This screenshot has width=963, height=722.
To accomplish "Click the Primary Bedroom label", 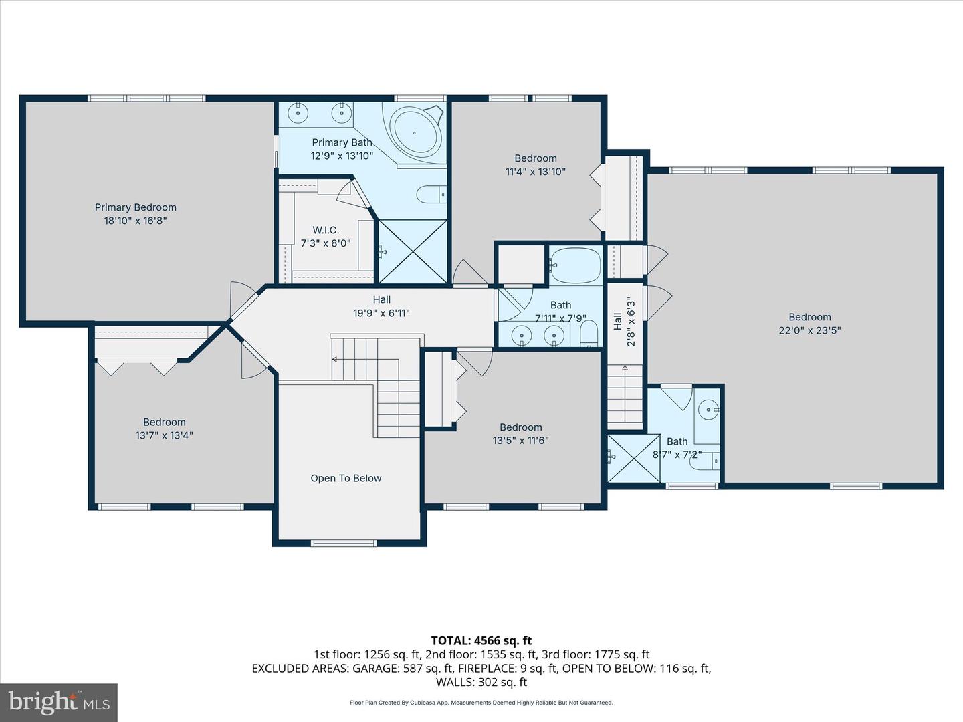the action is [x=136, y=207].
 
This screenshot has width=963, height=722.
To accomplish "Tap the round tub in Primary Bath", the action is [x=415, y=132].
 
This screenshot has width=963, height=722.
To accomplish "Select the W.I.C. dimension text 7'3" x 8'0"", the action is [x=326, y=243].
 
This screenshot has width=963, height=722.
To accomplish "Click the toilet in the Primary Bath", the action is [x=431, y=194].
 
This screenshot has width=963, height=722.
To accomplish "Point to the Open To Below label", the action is [x=346, y=478].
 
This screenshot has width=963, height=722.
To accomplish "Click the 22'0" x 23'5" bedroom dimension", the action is [x=809, y=330].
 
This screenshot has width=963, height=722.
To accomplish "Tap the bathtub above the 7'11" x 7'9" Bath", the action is [x=575, y=265].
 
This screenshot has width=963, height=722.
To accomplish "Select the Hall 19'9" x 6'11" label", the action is [x=381, y=306].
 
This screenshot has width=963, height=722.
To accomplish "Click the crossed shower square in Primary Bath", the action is [x=413, y=251].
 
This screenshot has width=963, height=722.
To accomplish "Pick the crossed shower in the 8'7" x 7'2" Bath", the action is [x=634, y=458].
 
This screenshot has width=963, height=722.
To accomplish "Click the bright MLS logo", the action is [x=58, y=702].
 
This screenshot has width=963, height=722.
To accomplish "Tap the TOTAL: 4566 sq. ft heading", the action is [x=481, y=640].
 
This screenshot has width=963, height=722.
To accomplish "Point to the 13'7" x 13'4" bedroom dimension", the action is [x=164, y=435].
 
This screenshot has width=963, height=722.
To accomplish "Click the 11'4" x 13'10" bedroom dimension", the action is [x=535, y=171].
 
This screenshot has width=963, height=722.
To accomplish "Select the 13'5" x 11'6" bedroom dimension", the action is [x=521, y=440].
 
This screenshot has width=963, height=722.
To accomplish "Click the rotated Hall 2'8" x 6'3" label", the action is [x=624, y=322].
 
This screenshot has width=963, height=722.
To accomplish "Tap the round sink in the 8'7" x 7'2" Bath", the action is [x=708, y=410].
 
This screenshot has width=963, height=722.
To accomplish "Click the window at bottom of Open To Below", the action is [x=344, y=543].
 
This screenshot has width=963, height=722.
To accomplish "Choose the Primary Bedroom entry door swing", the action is [x=242, y=299].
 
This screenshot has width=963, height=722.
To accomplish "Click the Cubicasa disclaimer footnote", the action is [x=481, y=703].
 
